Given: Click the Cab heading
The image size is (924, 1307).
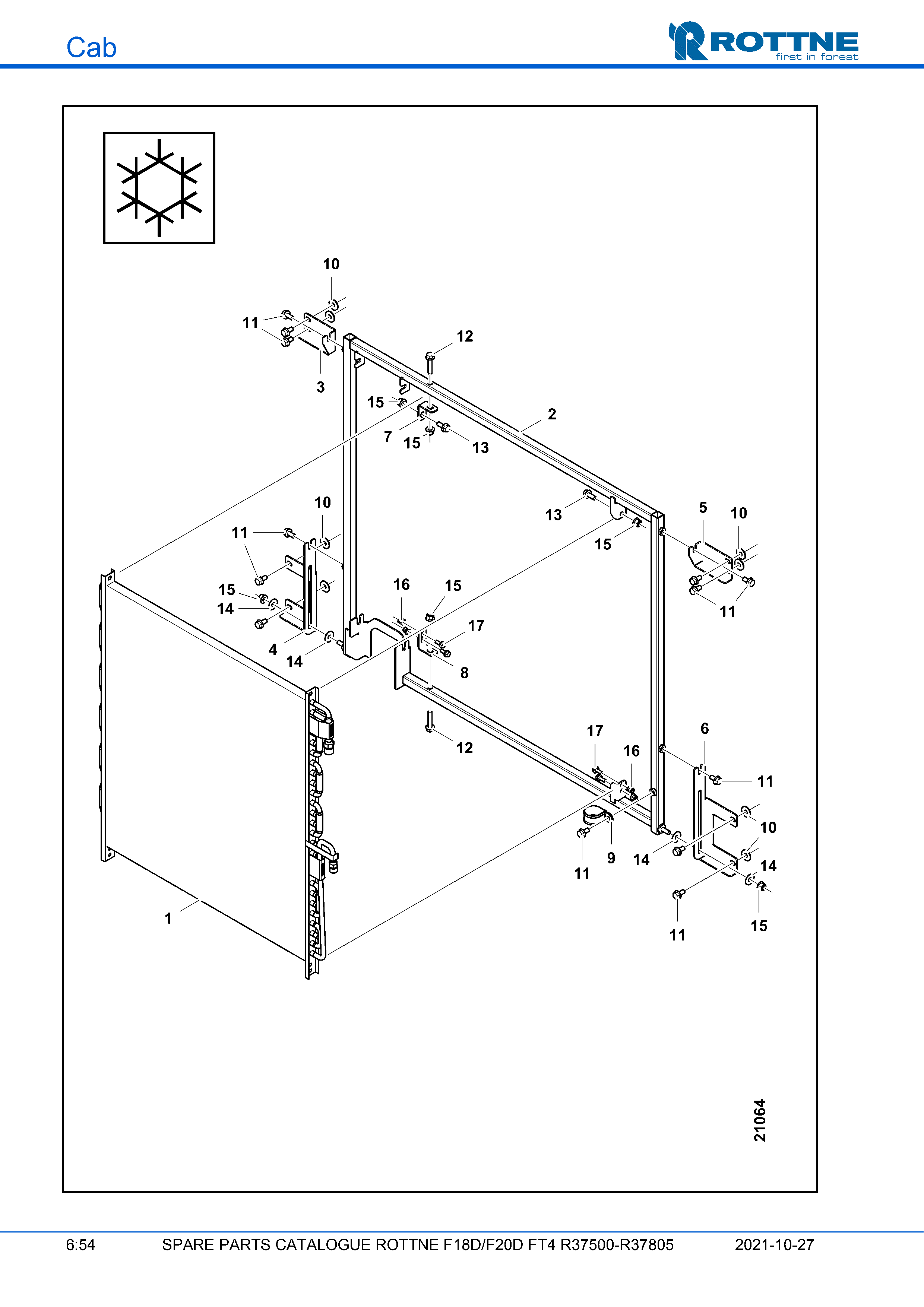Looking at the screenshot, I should coord(91,47).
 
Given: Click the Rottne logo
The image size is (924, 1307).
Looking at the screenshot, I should coord(763,41).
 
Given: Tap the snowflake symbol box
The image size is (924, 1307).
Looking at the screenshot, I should coord(159,188).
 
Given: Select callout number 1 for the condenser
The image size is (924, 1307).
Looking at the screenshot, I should coord(168,918).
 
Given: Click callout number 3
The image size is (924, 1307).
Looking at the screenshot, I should coord(320,387).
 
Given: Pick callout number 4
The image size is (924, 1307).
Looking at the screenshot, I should coord(273,650).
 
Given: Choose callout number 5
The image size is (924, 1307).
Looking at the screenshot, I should coord(703,507).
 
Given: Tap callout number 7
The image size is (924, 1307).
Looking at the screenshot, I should coord(388,436).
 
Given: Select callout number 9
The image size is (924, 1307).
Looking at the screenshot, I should coord(611,858).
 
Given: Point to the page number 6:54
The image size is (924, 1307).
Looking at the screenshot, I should coord(80,1245).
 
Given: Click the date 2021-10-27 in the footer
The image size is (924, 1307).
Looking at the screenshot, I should coord(774,1245).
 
